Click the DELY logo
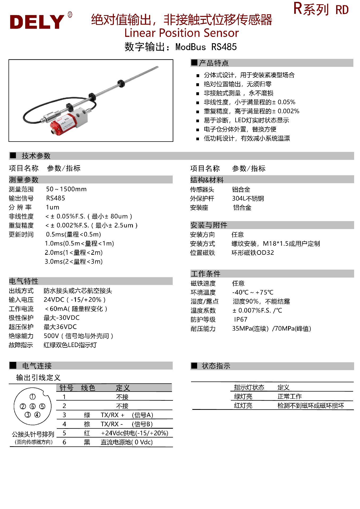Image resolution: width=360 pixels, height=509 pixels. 37,22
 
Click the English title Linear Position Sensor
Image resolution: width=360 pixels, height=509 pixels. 181,33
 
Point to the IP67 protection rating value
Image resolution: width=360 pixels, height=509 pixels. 241,319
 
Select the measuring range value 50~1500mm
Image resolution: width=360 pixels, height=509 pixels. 66,189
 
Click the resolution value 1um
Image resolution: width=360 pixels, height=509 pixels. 53,207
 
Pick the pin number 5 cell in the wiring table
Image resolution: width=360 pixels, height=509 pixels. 64,433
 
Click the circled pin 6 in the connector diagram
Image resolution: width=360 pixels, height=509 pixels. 33,406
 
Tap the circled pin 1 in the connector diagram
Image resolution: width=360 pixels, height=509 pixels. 32,397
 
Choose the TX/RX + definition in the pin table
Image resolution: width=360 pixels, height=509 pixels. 112,415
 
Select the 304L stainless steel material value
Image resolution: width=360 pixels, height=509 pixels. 248,199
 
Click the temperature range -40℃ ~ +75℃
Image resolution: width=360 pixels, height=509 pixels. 253,292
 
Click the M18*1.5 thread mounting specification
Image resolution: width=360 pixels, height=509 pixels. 276,244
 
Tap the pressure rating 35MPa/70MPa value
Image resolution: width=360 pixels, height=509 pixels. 271,329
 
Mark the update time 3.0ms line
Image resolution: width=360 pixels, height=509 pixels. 73,262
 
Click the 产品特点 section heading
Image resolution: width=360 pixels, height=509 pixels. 214,63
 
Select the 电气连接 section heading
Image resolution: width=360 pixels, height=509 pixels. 37,366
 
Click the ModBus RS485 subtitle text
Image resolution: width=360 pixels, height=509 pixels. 206,47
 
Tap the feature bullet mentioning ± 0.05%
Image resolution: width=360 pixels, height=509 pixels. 249,102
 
